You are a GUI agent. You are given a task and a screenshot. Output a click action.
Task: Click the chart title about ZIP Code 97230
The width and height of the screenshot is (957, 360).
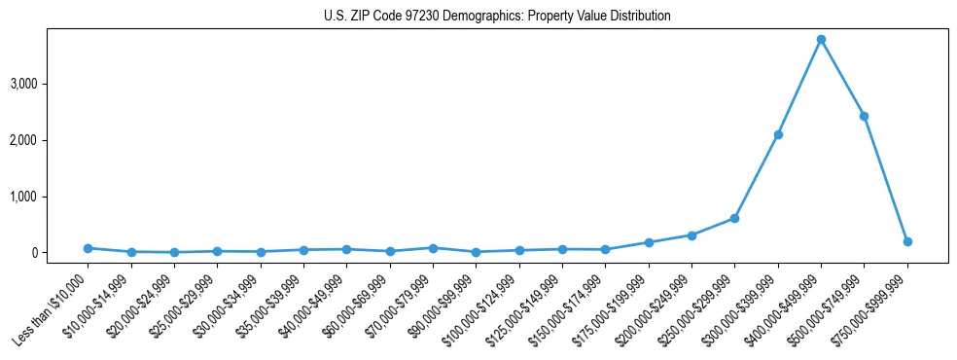[x=497, y=17]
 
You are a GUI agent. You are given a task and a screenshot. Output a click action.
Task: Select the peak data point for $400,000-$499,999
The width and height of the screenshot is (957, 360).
[x=821, y=40]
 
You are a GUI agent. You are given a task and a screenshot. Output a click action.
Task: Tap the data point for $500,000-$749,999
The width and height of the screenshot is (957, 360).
[x=864, y=116]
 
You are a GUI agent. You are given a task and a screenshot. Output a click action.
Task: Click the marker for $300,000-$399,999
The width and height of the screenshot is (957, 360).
[x=778, y=134]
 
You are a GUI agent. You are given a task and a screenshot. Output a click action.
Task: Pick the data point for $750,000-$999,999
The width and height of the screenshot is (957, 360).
[x=907, y=241]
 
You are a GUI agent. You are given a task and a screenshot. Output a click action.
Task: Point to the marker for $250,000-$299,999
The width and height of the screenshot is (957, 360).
[x=734, y=218]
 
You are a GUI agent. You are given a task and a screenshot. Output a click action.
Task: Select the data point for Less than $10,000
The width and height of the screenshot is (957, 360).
[x=88, y=248]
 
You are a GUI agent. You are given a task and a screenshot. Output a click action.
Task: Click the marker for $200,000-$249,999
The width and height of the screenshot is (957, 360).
[x=691, y=235]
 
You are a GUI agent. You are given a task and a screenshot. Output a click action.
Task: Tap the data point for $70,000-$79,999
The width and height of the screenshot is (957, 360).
[x=433, y=248]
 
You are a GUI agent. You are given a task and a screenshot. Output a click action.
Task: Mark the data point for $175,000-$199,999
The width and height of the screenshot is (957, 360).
[x=649, y=242]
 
